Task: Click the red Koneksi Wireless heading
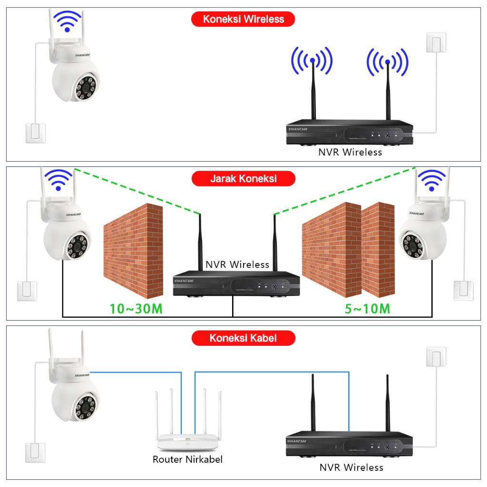click(x=243, y=19)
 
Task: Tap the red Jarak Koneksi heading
click(x=243, y=179)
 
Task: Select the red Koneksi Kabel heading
click(x=243, y=338)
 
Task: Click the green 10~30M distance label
click(x=136, y=309)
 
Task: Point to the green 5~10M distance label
click(x=367, y=309)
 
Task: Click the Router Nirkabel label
click(x=187, y=459)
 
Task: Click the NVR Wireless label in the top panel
click(x=350, y=152)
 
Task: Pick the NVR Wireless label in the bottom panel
click(x=351, y=468)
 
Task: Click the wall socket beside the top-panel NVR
click(x=436, y=42)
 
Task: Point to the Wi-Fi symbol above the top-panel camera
click(x=68, y=21)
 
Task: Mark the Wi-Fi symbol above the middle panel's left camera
click(x=58, y=180)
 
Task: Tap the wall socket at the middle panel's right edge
click(x=463, y=291)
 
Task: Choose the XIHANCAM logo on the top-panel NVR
click(x=298, y=128)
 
